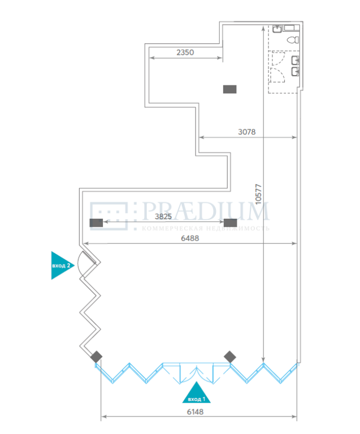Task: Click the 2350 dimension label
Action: coord(185,53)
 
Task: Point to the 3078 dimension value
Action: coord(247,132)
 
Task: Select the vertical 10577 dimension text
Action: coord(258,194)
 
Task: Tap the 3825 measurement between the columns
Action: coord(163,216)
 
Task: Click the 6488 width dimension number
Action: coord(190,238)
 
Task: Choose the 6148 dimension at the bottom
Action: coord(195,412)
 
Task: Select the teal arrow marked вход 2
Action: coord(61,266)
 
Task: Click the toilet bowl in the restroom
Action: coord(293,40)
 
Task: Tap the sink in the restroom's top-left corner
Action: coord(277,28)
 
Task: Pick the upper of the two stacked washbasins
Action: coord(295,60)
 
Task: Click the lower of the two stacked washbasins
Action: coord(295,72)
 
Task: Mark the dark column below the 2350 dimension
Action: coord(229,89)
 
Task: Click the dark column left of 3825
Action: coord(96,223)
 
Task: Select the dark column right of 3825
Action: coord(230,223)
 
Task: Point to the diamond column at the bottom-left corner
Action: coord(96,357)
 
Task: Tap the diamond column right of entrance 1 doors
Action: coord(230,357)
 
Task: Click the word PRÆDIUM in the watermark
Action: coord(205,211)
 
